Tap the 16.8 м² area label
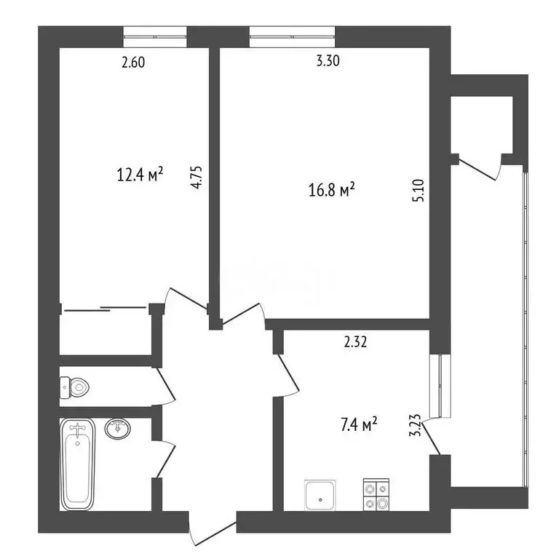[331, 190]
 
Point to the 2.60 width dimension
[133, 63]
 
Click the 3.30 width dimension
[328, 63]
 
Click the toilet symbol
[74, 387]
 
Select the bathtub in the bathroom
[77, 464]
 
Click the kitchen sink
[320, 495]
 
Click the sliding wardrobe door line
[105, 309]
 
